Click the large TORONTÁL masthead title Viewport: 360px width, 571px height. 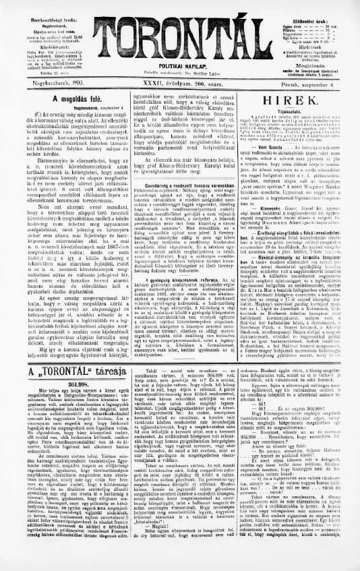(x=180, y=26)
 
